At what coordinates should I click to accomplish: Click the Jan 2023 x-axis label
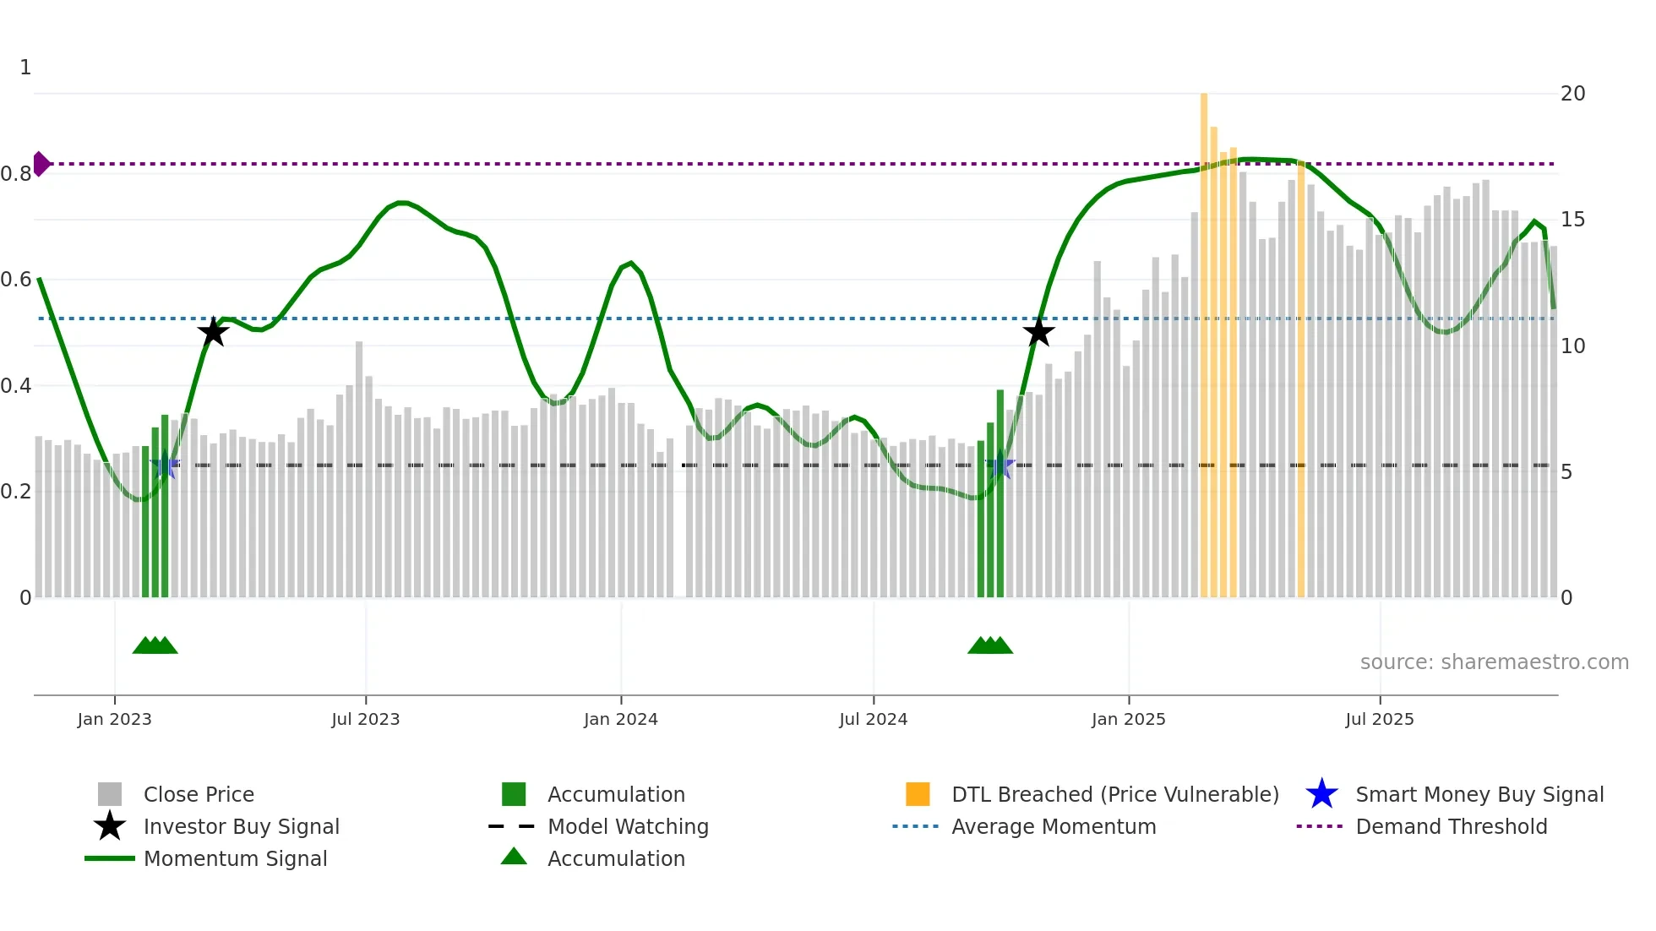(x=114, y=719)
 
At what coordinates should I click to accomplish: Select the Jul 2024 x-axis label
(x=873, y=719)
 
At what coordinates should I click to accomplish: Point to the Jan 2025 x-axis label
(x=1128, y=719)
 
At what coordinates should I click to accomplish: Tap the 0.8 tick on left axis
(x=16, y=174)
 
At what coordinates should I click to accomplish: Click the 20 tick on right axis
(x=1572, y=94)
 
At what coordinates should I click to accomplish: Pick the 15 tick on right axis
(x=1572, y=220)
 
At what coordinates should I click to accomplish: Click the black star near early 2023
(x=213, y=332)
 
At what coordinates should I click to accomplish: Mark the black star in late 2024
(x=1038, y=332)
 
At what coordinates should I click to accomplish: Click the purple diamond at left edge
(x=41, y=164)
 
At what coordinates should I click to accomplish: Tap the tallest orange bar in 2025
(x=1204, y=338)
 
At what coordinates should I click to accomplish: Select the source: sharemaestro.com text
(x=1494, y=662)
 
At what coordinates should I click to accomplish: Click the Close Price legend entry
(x=199, y=794)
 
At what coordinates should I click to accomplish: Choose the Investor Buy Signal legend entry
(x=241, y=826)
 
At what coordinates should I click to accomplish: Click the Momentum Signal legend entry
(x=235, y=858)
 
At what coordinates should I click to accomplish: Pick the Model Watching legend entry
(x=628, y=826)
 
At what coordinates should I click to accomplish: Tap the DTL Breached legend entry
(x=1114, y=794)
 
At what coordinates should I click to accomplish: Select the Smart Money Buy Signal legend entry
(x=1479, y=794)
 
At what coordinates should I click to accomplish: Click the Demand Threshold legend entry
(x=1451, y=826)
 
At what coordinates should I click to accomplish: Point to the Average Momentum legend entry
(x=1053, y=826)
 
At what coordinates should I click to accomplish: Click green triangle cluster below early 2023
(x=155, y=645)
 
